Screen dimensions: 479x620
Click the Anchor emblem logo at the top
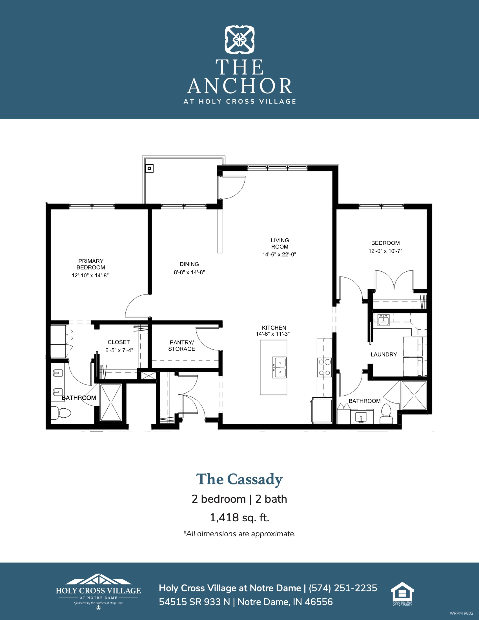(239, 40)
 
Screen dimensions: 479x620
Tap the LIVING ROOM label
(280, 243)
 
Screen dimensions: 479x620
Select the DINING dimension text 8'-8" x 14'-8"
(189, 272)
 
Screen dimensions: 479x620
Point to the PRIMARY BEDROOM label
(91, 264)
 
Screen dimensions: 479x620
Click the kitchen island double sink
(279, 367)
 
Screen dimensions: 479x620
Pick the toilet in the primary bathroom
(61, 413)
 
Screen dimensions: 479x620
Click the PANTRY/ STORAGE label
(182, 346)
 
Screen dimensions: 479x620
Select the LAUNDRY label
(384, 354)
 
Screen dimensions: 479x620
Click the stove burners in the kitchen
(325, 367)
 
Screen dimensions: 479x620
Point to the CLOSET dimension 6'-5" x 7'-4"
(119, 350)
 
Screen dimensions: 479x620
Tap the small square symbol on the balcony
(150, 169)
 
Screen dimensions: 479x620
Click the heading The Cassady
(239, 479)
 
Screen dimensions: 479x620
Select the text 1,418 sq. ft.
(239, 517)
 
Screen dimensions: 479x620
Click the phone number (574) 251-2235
(343, 588)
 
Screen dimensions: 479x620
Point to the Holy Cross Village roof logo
(98, 579)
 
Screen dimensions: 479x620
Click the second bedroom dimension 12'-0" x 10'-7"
(385, 251)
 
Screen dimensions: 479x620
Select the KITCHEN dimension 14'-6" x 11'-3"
(273, 334)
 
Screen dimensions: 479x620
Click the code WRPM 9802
(462, 613)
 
